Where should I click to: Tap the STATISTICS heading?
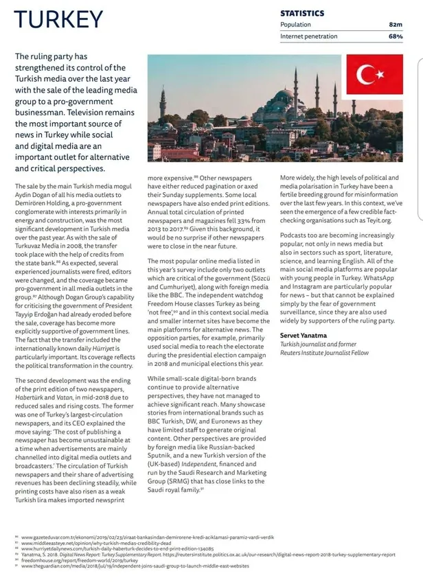click(x=302, y=13)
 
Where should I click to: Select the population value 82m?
click(x=395, y=25)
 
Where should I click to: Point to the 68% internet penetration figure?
click(x=395, y=36)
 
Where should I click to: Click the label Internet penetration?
click(x=309, y=36)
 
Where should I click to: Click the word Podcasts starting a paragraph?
click(x=296, y=234)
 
